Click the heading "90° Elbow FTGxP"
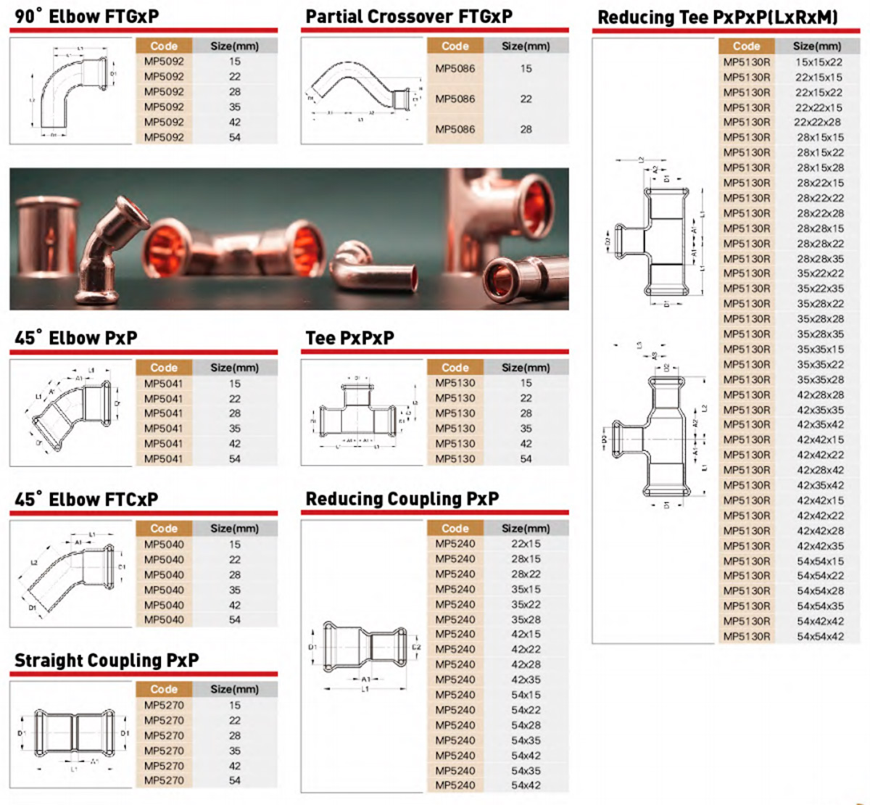86,16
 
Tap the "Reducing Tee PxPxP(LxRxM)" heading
717,17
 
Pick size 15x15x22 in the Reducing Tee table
819,62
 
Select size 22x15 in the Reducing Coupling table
526,544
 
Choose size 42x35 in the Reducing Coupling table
526,680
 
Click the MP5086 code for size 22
455,99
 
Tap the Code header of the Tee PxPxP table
455,368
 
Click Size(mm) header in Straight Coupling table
234,689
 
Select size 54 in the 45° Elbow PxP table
235,459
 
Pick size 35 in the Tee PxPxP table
526,429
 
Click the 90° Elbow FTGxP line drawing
72,91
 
